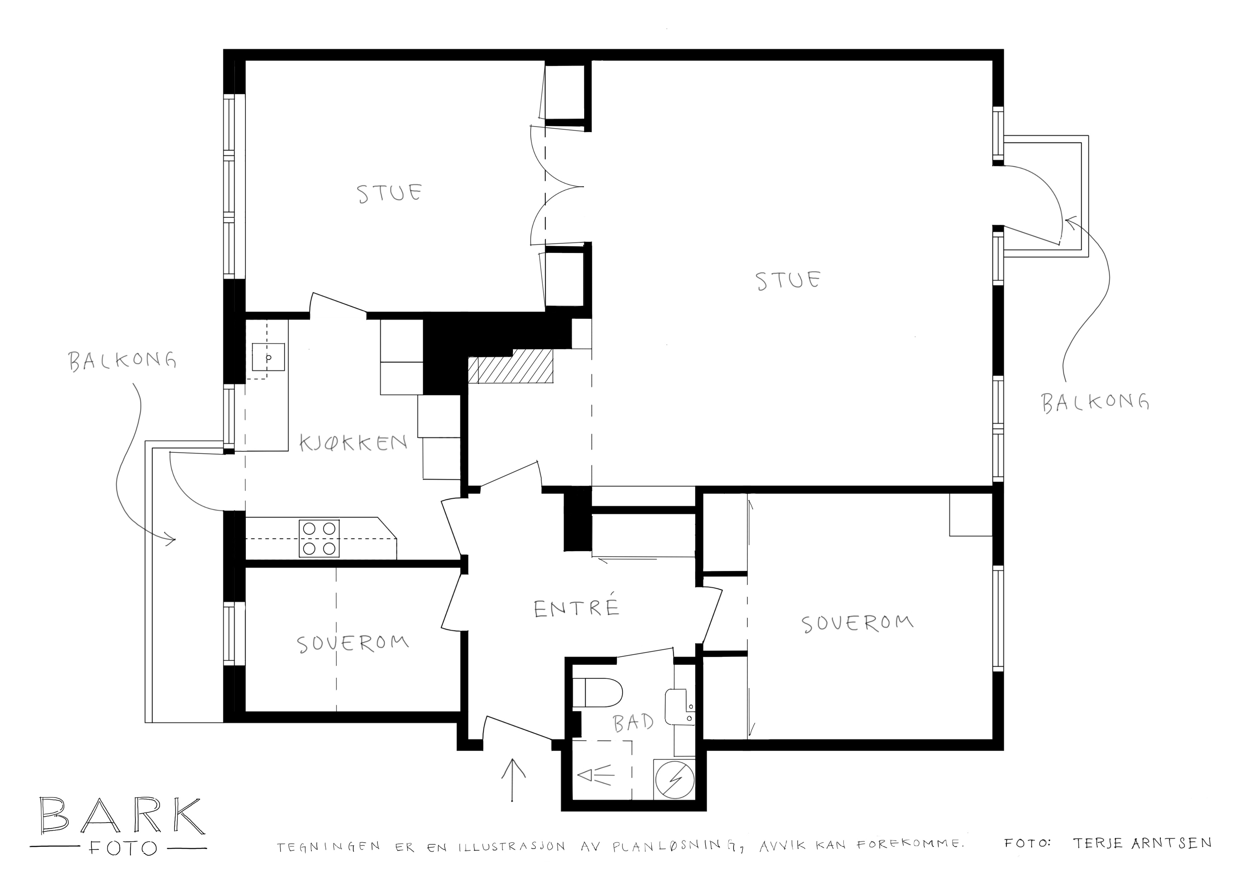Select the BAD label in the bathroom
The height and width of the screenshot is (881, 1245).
point(633,722)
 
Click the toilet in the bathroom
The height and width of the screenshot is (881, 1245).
point(597,692)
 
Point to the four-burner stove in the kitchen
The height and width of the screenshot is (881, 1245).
point(319,538)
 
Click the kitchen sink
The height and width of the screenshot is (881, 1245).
point(268,357)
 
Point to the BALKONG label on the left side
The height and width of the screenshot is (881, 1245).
point(123,361)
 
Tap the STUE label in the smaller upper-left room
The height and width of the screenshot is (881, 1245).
point(390,193)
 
